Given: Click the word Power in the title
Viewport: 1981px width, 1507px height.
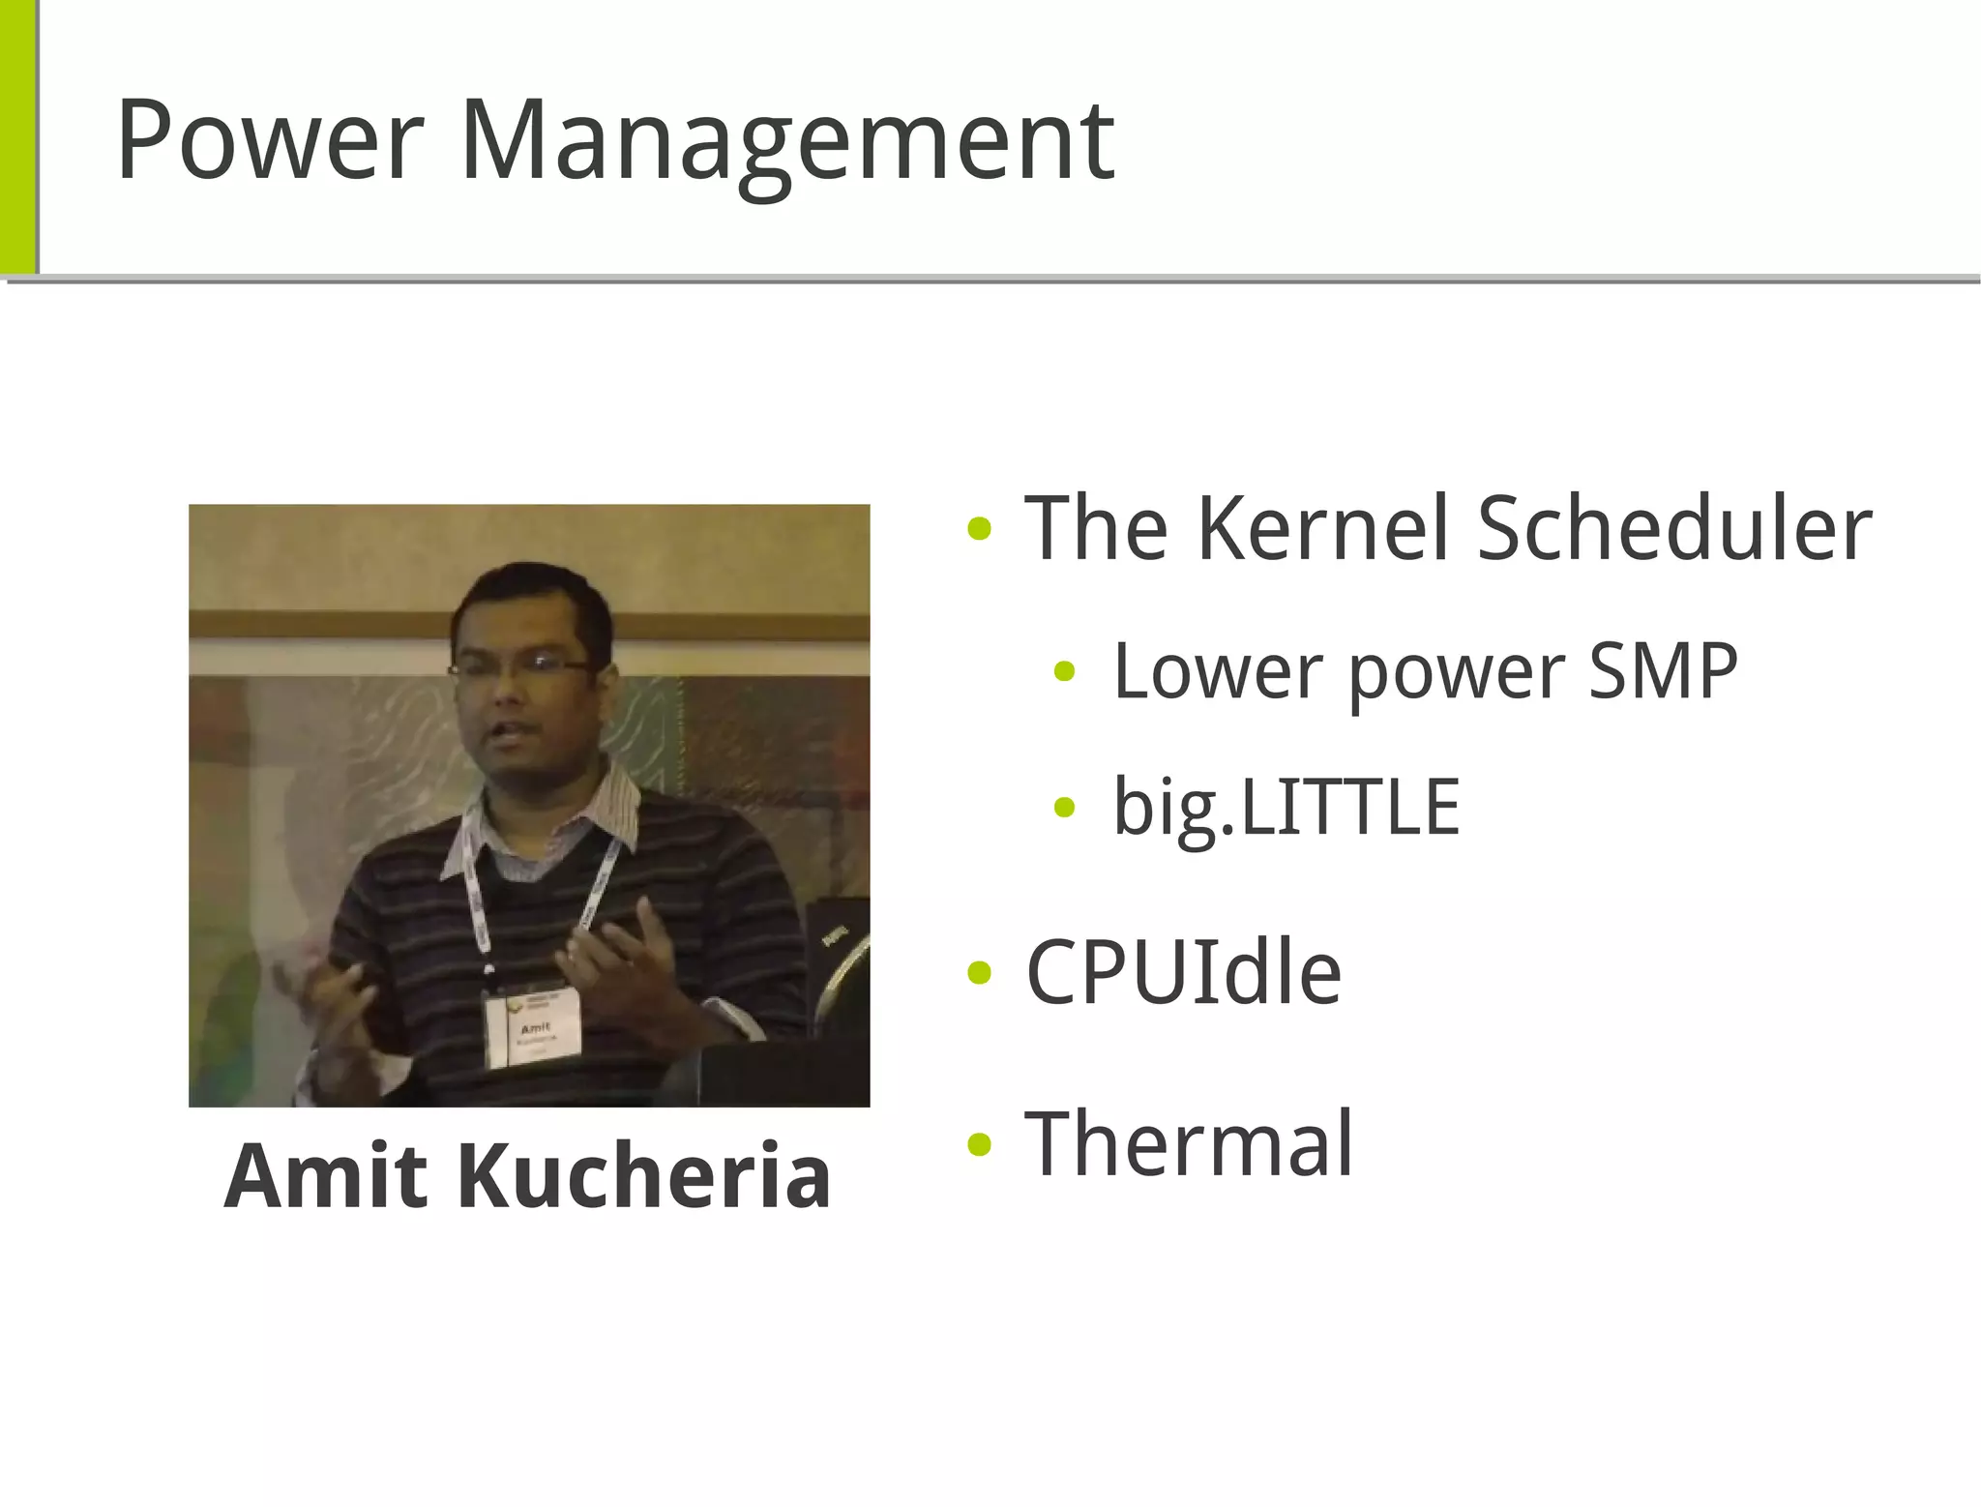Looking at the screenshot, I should click(269, 140).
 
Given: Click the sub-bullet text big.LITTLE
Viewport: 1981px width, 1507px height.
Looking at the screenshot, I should click(1286, 808).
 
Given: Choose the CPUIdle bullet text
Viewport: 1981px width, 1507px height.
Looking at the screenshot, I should click(1183, 972).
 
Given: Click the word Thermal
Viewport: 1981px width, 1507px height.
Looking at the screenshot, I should click(1189, 1144).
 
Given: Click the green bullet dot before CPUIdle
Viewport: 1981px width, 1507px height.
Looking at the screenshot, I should click(979, 973).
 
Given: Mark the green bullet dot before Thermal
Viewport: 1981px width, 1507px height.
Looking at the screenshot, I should click(979, 1145).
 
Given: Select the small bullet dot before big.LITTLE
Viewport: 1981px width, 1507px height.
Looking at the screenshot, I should click(1064, 808).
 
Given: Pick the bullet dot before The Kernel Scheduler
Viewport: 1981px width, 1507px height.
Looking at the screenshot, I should click(979, 529).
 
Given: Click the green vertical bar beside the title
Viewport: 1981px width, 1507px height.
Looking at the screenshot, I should click(17, 135).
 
